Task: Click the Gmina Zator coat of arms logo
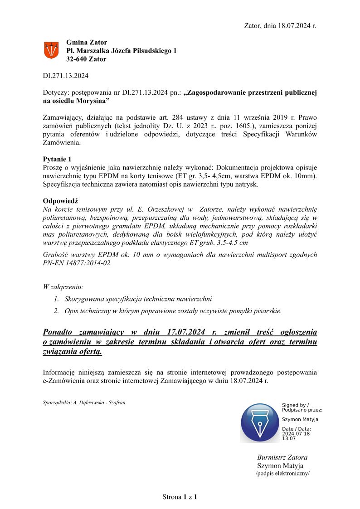(51, 50)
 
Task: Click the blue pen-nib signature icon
(259, 423)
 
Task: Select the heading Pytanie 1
(57, 159)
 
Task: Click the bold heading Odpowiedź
(59, 201)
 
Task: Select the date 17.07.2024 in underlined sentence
(178, 331)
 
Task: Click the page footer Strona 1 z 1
(180, 497)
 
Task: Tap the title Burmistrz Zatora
(282, 457)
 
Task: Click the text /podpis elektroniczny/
(282, 474)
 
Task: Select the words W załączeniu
(63, 287)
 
